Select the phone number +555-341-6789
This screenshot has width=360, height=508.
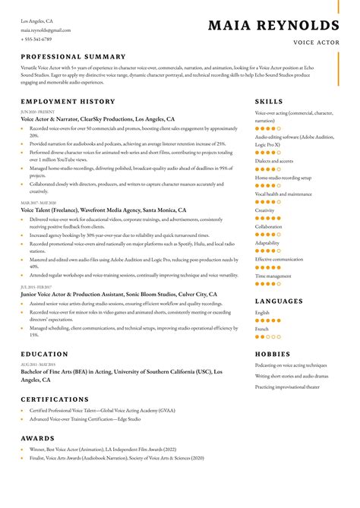tap(36, 39)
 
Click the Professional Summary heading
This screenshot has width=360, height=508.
tap(73, 57)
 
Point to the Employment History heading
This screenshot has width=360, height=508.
tap(68, 101)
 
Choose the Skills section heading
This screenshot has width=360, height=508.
tap(269, 101)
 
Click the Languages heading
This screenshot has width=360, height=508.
tap(279, 301)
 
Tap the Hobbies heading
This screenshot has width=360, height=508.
tap(273, 354)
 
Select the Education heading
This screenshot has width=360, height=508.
tap(44, 354)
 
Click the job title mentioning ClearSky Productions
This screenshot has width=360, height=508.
tap(98, 119)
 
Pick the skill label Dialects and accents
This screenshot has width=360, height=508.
tap(274, 161)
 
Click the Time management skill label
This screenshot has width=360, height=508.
tap(273, 276)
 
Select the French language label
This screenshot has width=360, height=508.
tap(262, 328)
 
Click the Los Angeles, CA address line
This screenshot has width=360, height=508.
tap(36, 21)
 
